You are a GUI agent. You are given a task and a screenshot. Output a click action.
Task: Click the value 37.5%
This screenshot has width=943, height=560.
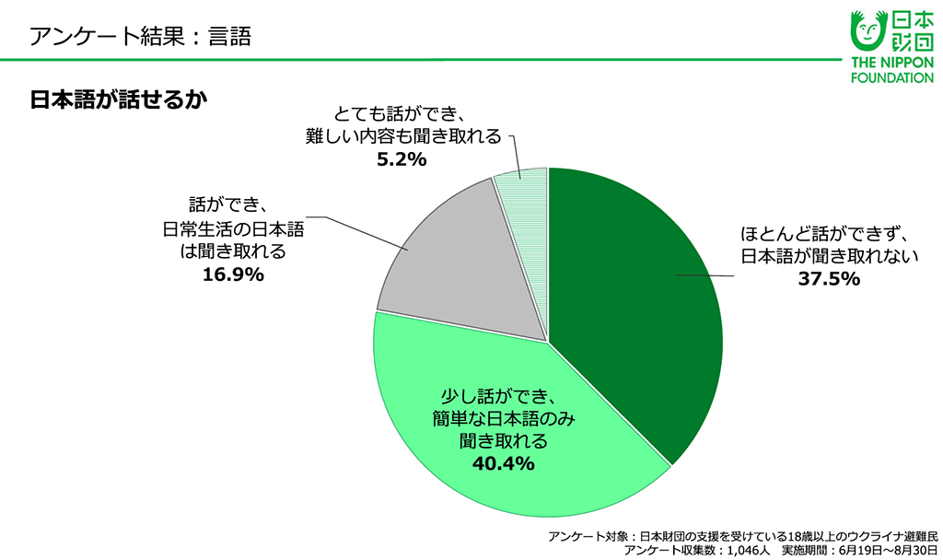point(829,278)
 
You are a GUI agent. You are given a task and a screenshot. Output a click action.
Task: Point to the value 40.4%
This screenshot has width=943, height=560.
point(503,462)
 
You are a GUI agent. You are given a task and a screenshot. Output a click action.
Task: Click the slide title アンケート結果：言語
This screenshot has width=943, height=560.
point(140,37)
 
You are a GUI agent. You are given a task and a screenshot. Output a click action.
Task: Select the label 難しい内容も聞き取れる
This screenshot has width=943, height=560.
point(403,136)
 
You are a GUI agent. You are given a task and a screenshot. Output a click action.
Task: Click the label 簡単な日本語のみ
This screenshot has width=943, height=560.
point(504,419)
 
